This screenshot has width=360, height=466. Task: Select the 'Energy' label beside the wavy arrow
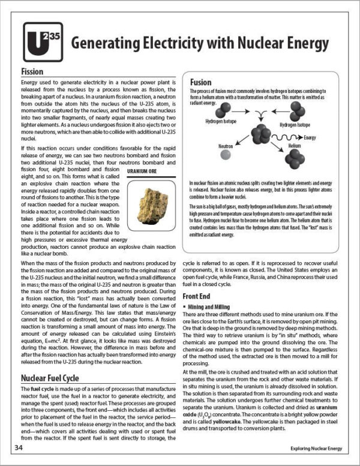tap(310, 137)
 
